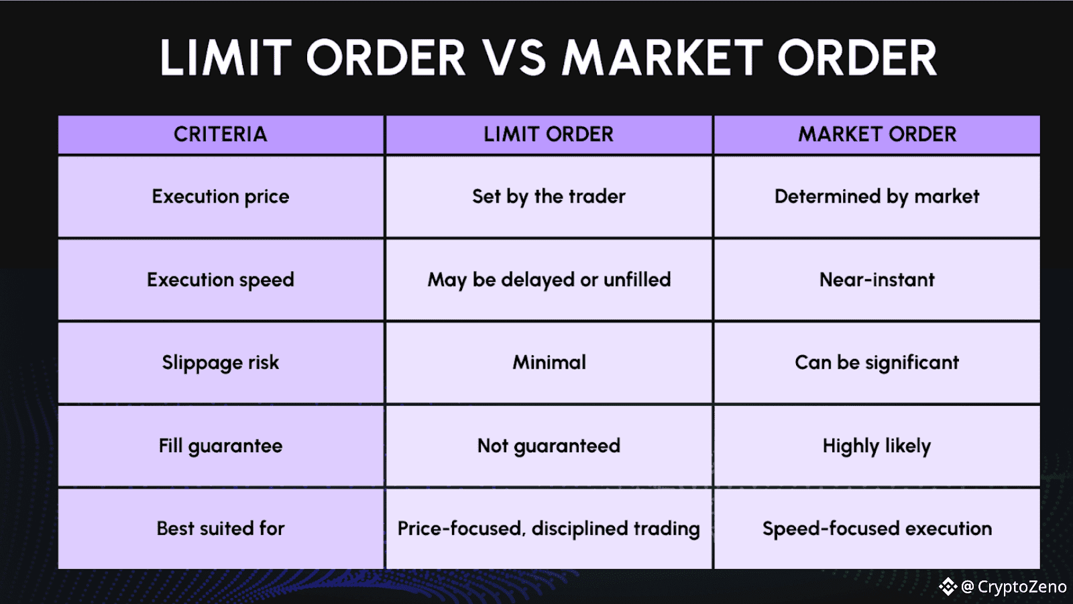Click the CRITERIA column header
coord(221,134)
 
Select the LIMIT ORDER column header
coord(549,134)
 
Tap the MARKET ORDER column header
coord(877,134)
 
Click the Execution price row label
coord(221,197)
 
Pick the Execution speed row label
coord(221,280)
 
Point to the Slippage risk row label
coord(221,362)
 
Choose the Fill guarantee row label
coord(221,446)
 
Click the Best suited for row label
coord(221,529)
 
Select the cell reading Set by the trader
coord(549,197)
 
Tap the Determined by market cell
coord(877,197)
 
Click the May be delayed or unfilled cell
coord(549,280)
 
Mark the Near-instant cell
coord(877,280)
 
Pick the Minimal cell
coord(549,362)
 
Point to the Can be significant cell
coord(877,362)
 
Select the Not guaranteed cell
coord(549,446)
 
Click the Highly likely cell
coord(877,446)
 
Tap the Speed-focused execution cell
coord(877,529)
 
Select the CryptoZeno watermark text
coord(1021,587)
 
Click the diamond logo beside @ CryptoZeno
coord(948,587)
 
